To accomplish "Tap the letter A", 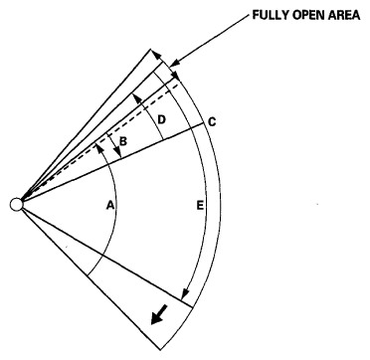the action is click(x=111, y=207).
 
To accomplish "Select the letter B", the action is click(x=124, y=141).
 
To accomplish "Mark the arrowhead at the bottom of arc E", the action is click(x=185, y=296).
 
